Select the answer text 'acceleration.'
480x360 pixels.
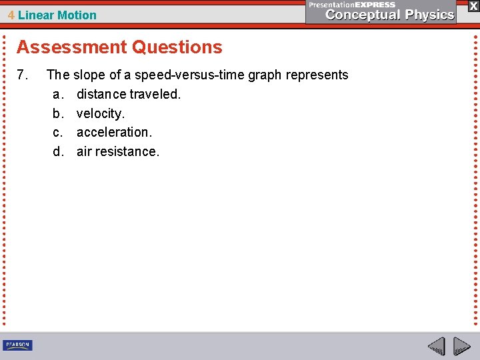(114, 133)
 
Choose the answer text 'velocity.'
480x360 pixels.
(101, 113)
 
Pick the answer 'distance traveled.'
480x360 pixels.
(129, 94)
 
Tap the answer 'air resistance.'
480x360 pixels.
(118, 152)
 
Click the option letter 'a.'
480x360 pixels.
(58, 94)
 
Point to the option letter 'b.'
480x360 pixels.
(58, 113)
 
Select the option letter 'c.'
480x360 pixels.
(58, 133)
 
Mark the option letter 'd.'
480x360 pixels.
(58, 152)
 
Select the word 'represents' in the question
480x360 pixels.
(318, 75)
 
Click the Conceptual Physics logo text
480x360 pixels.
(390, 15)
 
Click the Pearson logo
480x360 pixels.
(17, 345)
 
